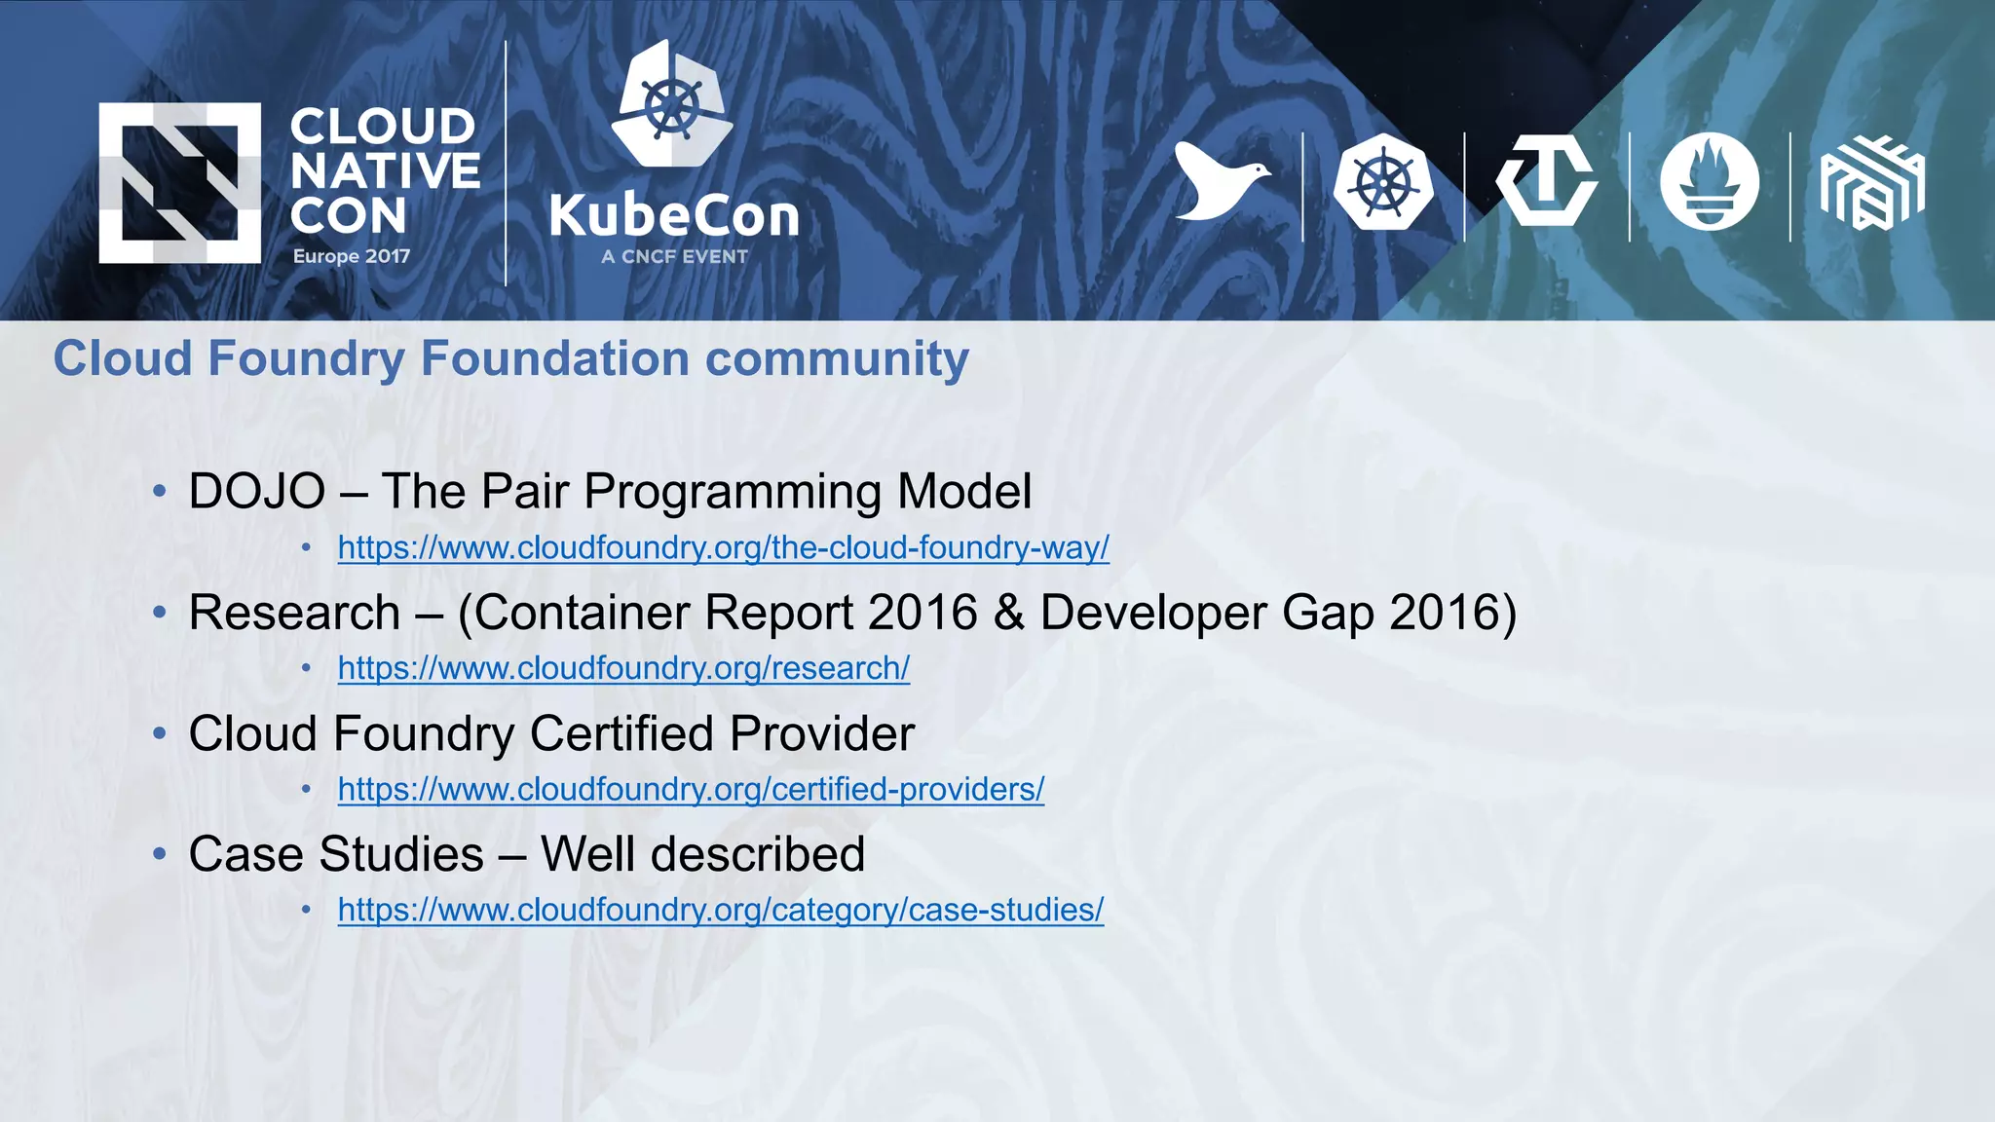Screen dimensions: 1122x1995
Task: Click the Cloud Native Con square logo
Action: (x=179, y=183)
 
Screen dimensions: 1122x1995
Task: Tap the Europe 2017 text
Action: (x=352, y=256)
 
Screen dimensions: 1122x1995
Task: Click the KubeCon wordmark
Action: (x=674, y=216)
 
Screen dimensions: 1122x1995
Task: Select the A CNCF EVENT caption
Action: (x=674, y=257)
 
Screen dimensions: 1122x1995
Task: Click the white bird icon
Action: (x=1220, y=181)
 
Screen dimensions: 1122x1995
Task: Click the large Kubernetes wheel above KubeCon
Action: (x=672, y=104)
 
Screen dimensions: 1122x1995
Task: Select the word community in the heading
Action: (x=837, y=358)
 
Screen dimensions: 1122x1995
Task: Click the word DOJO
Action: (x=256, y=491)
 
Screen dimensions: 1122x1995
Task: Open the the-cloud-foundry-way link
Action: (x=723, y=547)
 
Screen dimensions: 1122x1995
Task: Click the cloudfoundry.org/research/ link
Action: (x=623, y=668)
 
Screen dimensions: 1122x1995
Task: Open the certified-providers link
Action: (x=691, y=789)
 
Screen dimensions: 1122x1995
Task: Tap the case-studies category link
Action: (x=720, y=910)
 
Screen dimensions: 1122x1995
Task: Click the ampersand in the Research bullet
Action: (x=1008, y=613)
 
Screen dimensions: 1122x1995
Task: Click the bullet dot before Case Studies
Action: (x=160, y=854)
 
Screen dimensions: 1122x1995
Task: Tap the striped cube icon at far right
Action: (x=1871, y=183)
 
